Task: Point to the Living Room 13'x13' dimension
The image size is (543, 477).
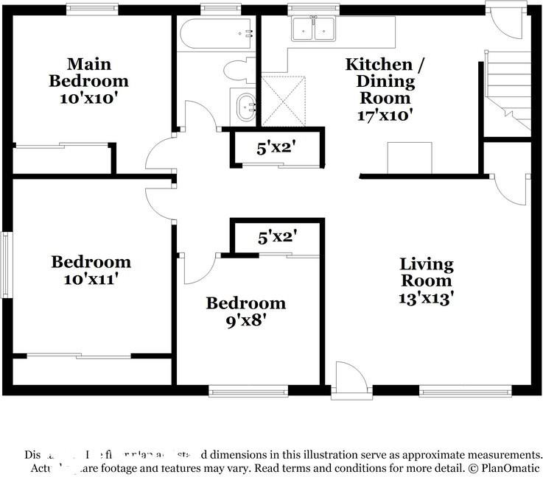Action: pos(427,298)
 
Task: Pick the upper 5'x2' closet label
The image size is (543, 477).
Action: pos(276,147)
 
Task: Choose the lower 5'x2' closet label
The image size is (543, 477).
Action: pos(276,237)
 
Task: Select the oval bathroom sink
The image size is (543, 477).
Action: pos(243,107)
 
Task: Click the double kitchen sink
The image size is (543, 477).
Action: pos(313,29)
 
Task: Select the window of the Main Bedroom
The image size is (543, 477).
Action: pos(91,9)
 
